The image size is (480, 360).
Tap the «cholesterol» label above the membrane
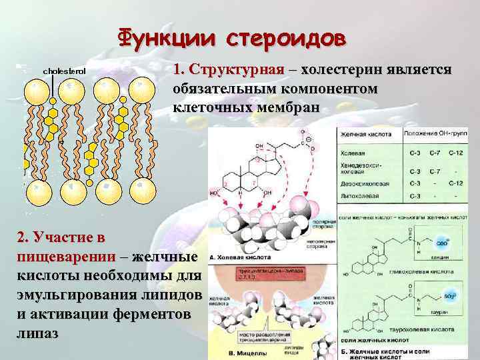(x=65, y=71)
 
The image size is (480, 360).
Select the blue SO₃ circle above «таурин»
(x=441, y=297)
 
